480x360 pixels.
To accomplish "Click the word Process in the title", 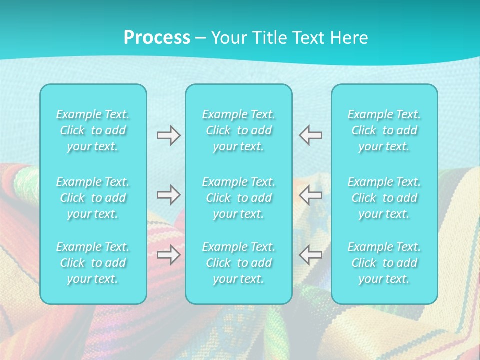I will point(157,38).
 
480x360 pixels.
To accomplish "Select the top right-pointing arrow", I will point(168,135).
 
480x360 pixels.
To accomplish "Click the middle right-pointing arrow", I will point(168,195).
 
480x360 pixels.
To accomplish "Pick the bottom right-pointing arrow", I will point(168,255).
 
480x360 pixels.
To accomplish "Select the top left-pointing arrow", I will point(310,135).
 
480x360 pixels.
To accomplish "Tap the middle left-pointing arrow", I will point(310,195).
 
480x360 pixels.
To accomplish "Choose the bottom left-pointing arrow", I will point(310,255).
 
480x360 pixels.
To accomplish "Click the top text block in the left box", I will point(93,130).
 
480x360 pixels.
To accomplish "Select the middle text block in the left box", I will point(93,198).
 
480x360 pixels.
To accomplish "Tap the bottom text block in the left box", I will point(93,263).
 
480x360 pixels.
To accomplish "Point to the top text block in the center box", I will point(239,130).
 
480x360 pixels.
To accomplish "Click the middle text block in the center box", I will point(239,198).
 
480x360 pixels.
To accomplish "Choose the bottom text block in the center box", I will point(239,263).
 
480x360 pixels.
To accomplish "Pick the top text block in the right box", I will point(384,130).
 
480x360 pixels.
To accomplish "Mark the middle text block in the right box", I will point(384,198).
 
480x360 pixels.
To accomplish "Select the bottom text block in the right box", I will point(384,263).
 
